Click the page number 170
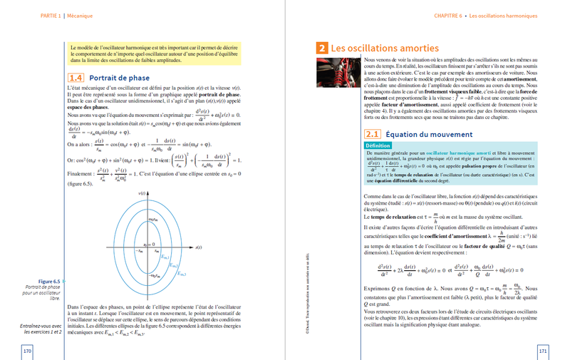click(x=28, y=351)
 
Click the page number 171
click(x=542, y=351)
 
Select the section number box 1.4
click(x=76, y=77)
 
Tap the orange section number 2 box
click(x=322, y=48)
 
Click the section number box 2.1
click(x=372, y=133)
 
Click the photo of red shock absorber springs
click(x=336, y=70)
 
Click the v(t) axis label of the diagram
click(x=142, y=193)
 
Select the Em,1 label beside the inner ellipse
click(x=165, y=257)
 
